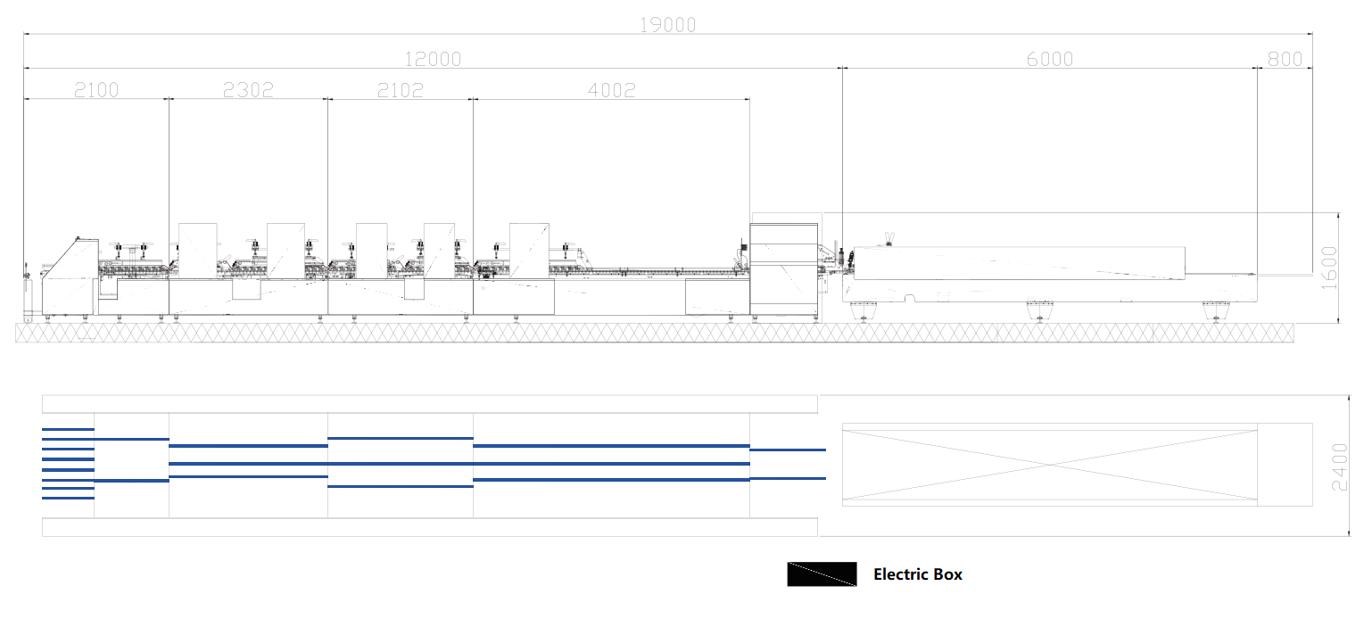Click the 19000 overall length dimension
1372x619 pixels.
click(x=667, y=25)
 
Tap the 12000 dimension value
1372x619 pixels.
click(x=433, y=60)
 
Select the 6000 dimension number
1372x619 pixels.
click(x=1050, y=60)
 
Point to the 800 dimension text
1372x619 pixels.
click(x=1285, y=60)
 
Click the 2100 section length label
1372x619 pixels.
click(x=96, y=90)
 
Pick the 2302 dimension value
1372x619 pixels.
click(x=248, y=90)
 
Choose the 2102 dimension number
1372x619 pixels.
click(x=400, y=90)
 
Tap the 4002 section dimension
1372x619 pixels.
click(x=611, y=90)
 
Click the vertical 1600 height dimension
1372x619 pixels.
click(x=1329, y=268)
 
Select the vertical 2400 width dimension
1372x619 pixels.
click(x=1340, y=466)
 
